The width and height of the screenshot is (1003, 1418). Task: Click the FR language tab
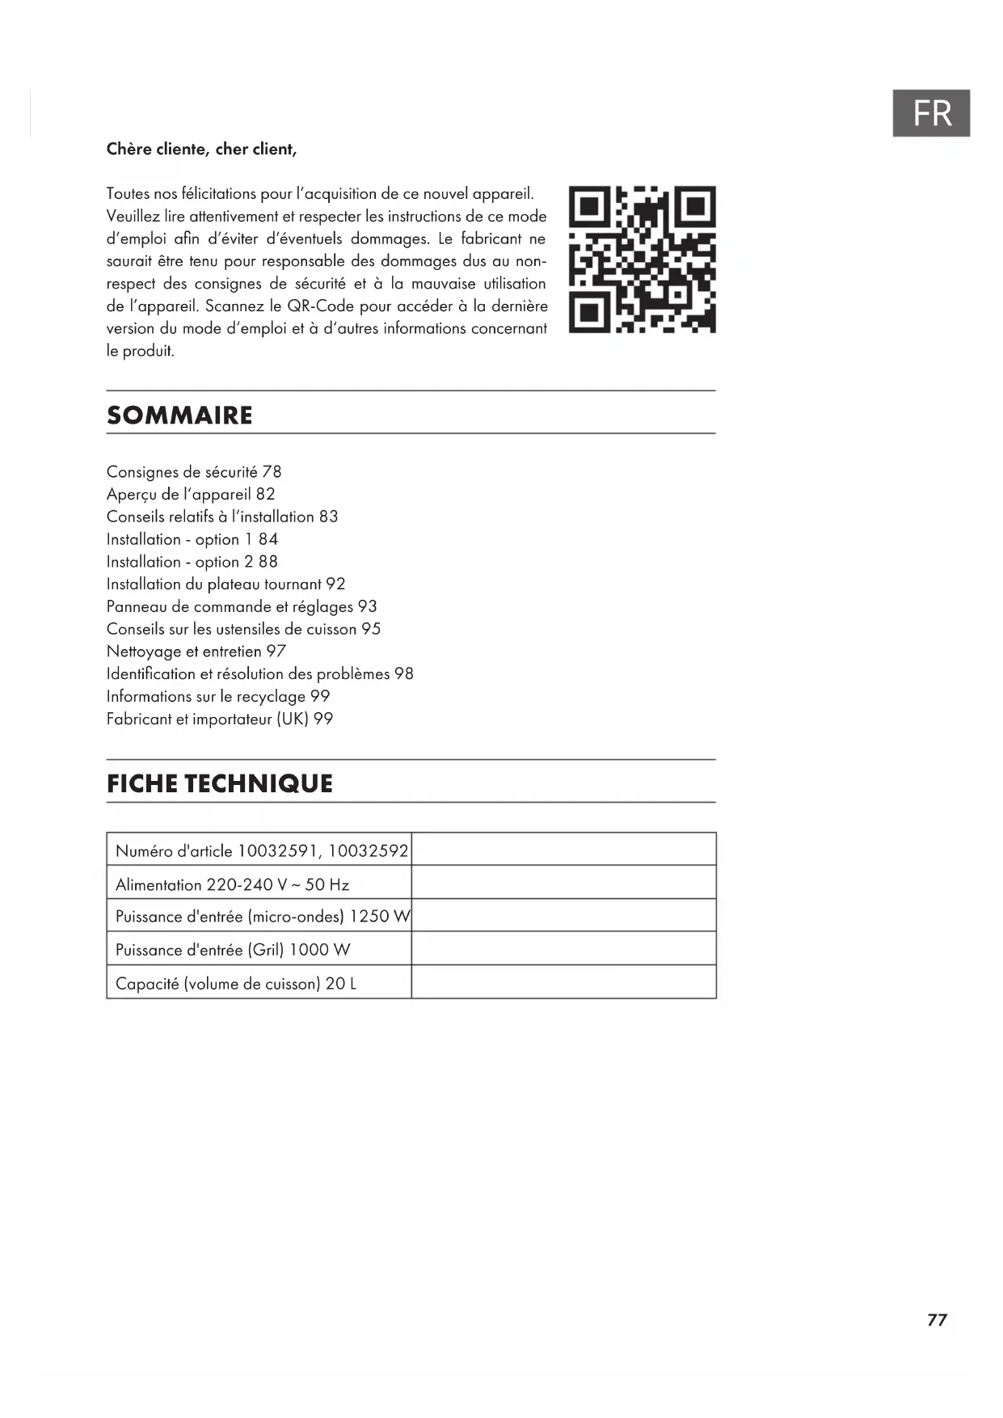[930, 113]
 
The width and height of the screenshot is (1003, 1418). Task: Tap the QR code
[642, 260]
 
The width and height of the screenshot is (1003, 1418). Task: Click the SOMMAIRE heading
[179, 416]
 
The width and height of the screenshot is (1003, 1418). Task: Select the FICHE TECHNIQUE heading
[220, 783]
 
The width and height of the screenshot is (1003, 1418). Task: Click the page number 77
[937, 1320]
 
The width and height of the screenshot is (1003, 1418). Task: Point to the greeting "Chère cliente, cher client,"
[201, 150]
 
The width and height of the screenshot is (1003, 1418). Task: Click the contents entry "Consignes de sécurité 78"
[194, 472]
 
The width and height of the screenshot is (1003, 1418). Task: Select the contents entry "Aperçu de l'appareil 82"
[191, 495]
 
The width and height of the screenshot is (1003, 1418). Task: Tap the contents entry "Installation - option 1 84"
[192, 539]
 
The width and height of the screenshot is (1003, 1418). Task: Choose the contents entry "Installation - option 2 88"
[192, 562]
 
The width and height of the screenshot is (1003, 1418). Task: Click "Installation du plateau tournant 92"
[225, 585]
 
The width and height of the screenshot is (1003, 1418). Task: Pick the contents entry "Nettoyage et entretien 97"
[196, 652]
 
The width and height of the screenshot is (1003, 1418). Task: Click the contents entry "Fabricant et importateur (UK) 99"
[220, 720]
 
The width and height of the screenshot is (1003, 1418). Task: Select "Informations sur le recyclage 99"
[218, 697]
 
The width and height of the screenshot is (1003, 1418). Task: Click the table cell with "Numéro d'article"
[259, 850]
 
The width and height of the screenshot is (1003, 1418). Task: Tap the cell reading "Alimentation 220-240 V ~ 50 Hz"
[233, 885]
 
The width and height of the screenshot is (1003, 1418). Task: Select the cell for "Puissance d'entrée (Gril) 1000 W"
[233, 950]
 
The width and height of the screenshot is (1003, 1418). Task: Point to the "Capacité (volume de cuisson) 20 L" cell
[236, 984]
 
